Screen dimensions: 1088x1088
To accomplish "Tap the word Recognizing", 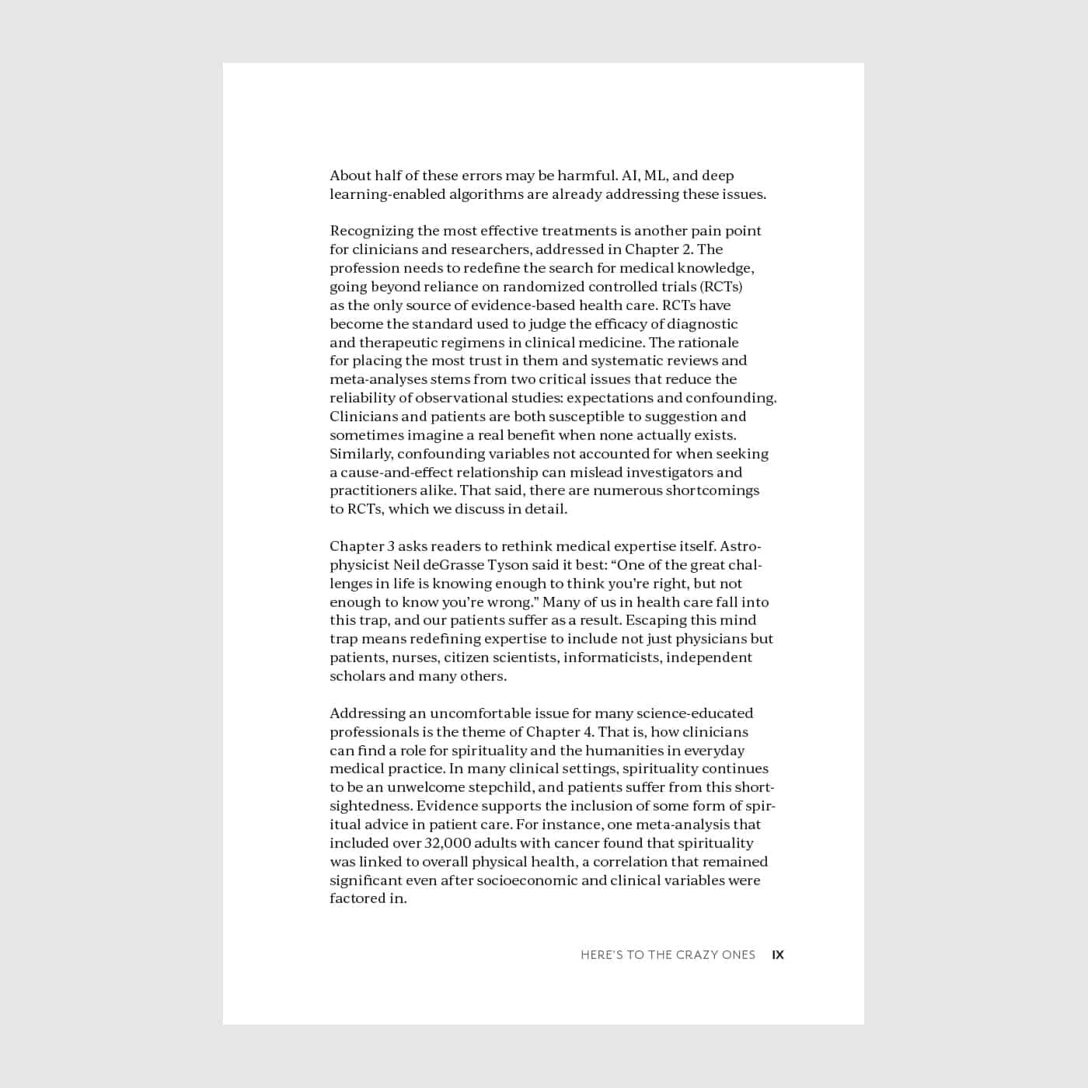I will (371, 231).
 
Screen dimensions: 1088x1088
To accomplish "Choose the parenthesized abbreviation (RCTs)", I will (720, 287).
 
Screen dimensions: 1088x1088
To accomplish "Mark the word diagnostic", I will (699, 324).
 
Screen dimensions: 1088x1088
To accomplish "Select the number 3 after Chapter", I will (390, 546).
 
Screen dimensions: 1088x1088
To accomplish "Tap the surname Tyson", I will (507, 565).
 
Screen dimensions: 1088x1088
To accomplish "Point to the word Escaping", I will (657, 620).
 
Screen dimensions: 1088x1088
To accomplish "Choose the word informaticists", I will (612, 657).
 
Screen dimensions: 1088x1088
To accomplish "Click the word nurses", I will (413, 657).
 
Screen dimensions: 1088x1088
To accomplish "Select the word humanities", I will (624, 751).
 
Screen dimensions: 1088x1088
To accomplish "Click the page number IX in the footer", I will (778, 955).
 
